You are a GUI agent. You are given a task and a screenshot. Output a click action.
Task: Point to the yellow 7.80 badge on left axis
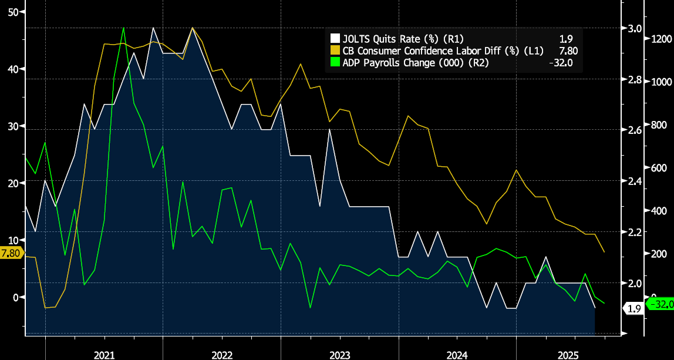point(11,253)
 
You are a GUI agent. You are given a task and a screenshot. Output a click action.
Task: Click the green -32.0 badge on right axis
point(659,304)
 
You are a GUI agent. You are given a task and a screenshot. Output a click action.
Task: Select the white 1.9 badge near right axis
point(634,308)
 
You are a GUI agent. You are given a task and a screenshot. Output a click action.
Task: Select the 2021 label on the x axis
point(104,355)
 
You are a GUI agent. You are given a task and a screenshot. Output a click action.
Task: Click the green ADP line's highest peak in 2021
point(124,28)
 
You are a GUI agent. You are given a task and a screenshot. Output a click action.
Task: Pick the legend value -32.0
point(560,62)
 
